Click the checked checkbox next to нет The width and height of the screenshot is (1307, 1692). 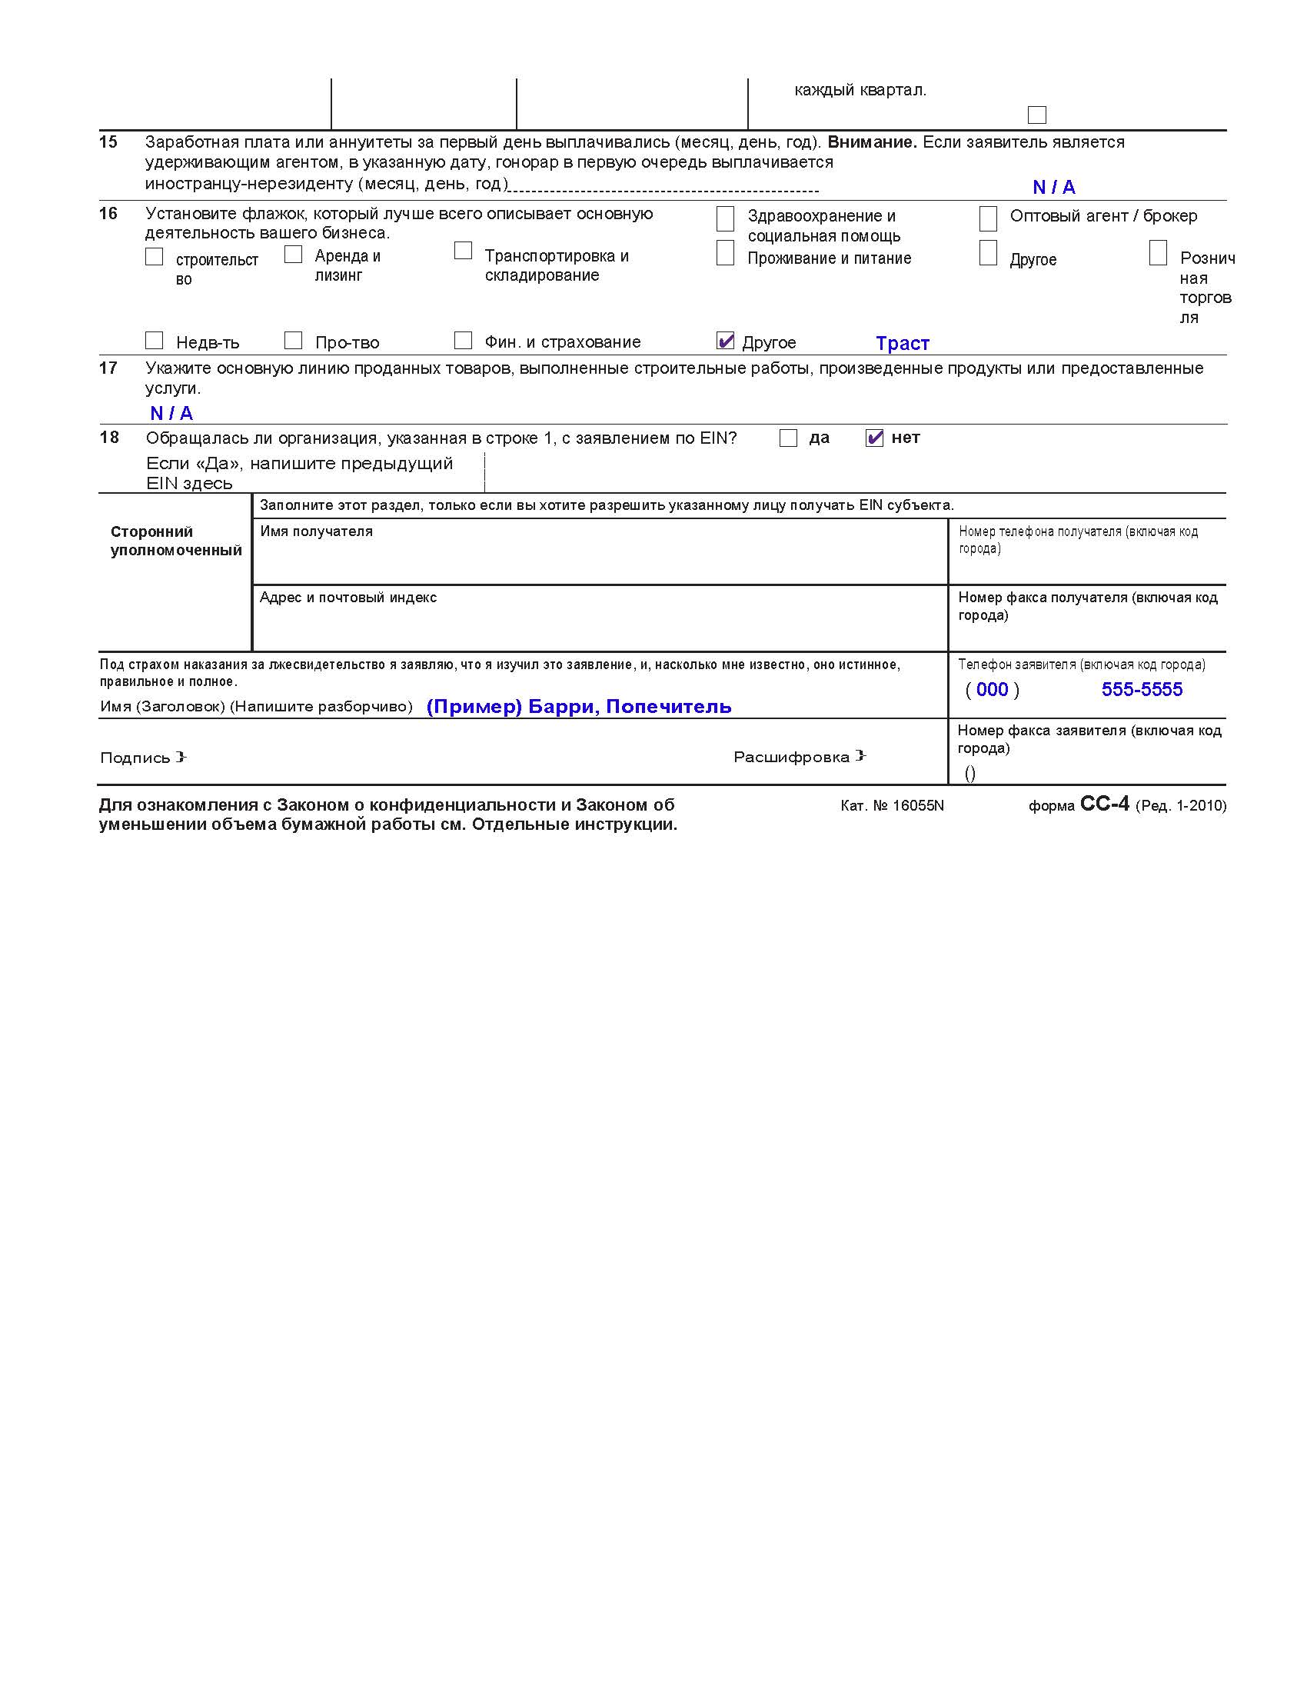click(x=874, y=438)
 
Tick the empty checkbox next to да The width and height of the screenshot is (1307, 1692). click(x=788, y=438)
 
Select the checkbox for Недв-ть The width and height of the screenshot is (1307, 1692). click(x=154, y=341)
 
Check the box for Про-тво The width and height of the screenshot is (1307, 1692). click(x=293, y=341)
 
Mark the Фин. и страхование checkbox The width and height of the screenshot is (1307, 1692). click(x=463, y=341)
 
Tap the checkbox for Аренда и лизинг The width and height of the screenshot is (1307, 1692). click(x=293, y=254)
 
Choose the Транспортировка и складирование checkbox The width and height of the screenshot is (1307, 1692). click(x=463, y=251)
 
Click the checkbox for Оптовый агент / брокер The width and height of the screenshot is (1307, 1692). click(x=988, y=218)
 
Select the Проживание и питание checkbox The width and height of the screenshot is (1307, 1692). click(x=725, y=253)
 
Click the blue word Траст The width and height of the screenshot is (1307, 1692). click(x=902, y=343)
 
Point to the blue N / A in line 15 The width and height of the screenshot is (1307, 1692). click(x=1054, y=187)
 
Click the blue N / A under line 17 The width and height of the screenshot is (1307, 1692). click(x=171, y=413)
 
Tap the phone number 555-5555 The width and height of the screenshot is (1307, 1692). click(x=1141, y=690)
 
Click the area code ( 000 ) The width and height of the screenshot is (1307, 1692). click(x=992, y=690)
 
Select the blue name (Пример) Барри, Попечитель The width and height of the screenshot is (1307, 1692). click(x=578, y=707)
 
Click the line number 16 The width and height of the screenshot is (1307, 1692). click(x=108, y=214)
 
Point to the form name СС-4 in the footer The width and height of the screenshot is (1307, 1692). click(x=1104, y=804)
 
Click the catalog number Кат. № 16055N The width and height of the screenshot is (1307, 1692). click(x=892, y=806)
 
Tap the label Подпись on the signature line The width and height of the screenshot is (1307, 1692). click(x=135, y=758)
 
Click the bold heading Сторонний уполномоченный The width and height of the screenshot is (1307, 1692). click(x=176, y=541)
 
